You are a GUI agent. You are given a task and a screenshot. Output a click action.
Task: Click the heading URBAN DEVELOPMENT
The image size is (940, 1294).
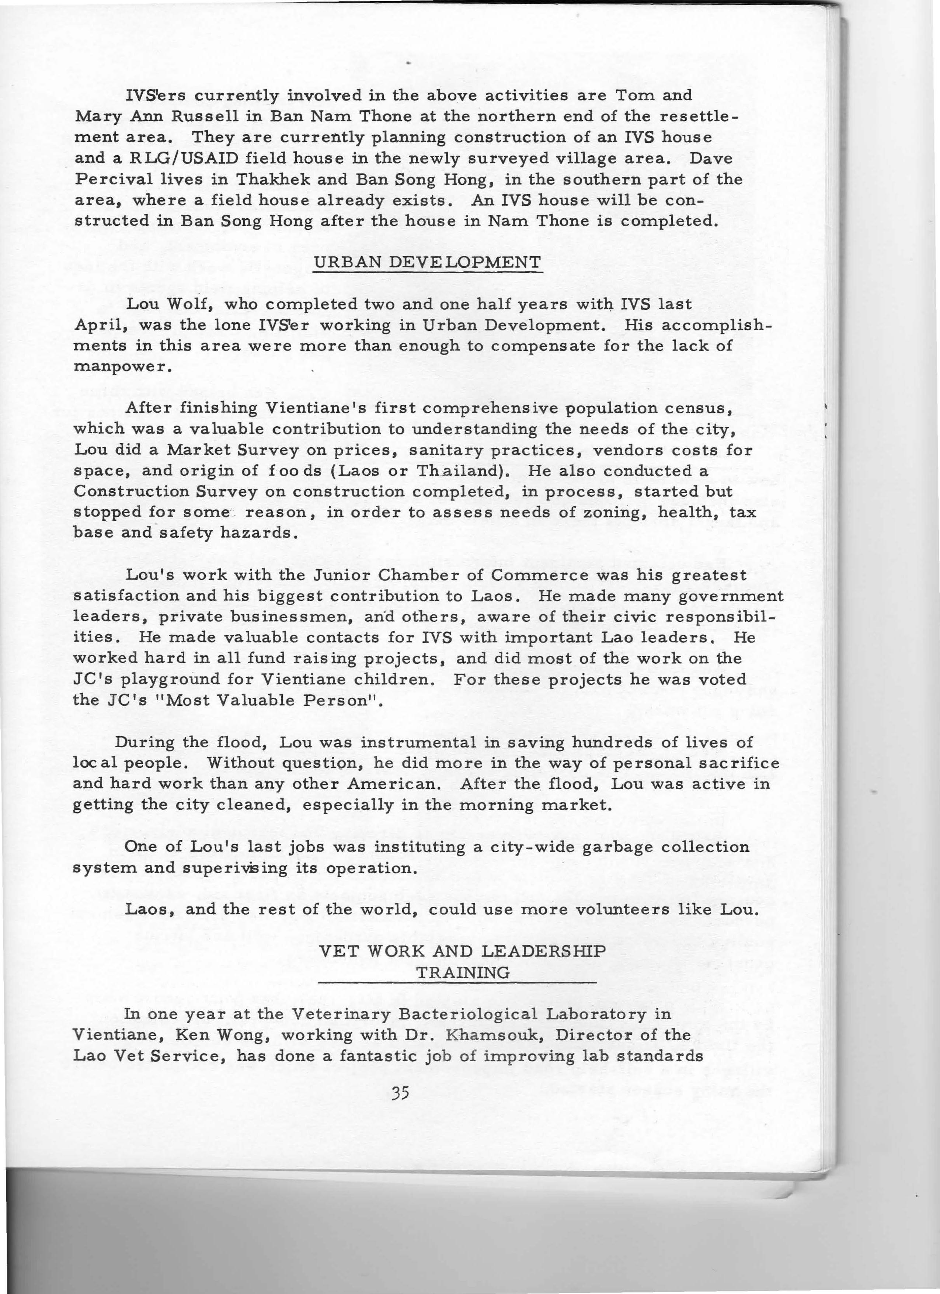click(x=427, y=263)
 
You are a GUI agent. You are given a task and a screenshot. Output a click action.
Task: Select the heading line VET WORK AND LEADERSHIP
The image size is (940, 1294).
click(x=462, y=951)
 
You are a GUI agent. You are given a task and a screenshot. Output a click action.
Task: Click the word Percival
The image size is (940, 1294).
click(x=113, y=179)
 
